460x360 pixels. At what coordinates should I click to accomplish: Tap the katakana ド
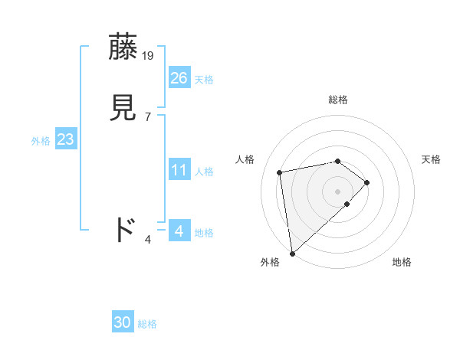click(x=124, y=230)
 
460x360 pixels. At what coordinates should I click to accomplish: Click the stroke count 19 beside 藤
click(x=149, y=55)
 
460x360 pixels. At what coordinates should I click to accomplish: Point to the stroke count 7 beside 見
click(x=147, y=116)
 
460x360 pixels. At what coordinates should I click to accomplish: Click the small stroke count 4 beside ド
click(x=148, y=239)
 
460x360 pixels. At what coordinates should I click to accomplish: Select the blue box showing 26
click(x=179, y=77)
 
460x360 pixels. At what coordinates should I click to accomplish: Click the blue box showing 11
click(x=179, y=170)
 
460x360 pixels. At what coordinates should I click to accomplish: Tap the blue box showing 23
click(x=66, y=139)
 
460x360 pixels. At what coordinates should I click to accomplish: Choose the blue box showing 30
click(x=123, y=322)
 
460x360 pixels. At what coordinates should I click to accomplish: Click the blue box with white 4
click(x=179, y=231)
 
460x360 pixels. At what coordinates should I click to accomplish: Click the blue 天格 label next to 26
click(x=204, y=80)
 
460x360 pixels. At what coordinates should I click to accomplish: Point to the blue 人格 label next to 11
click(x=204, y=172)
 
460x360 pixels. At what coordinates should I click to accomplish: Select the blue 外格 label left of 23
click(x=41, y=141)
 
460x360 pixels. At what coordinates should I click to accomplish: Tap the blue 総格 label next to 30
click(x=147, y=324)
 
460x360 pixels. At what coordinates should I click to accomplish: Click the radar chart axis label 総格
click(x=338, y=100)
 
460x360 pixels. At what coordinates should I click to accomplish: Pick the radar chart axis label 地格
click(x=402, y=262)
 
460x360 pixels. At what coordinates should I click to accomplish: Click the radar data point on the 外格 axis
click(x=292, y=253)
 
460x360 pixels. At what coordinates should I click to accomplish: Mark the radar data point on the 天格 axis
click(x=367, y=182)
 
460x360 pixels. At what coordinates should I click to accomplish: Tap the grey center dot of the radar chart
click(x=338, y=191)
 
